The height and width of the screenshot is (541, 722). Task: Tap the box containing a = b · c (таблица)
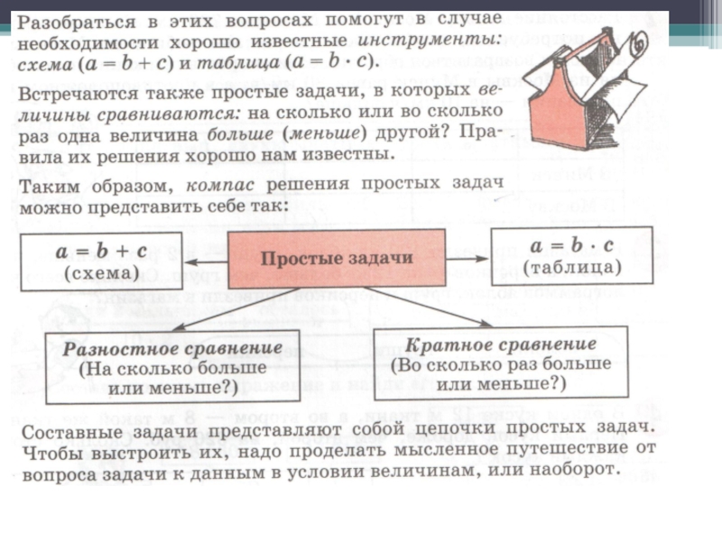coord(571,256)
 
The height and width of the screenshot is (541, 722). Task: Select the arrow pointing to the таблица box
coord(467,257)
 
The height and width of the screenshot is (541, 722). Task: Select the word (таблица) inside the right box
coord(571,268)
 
